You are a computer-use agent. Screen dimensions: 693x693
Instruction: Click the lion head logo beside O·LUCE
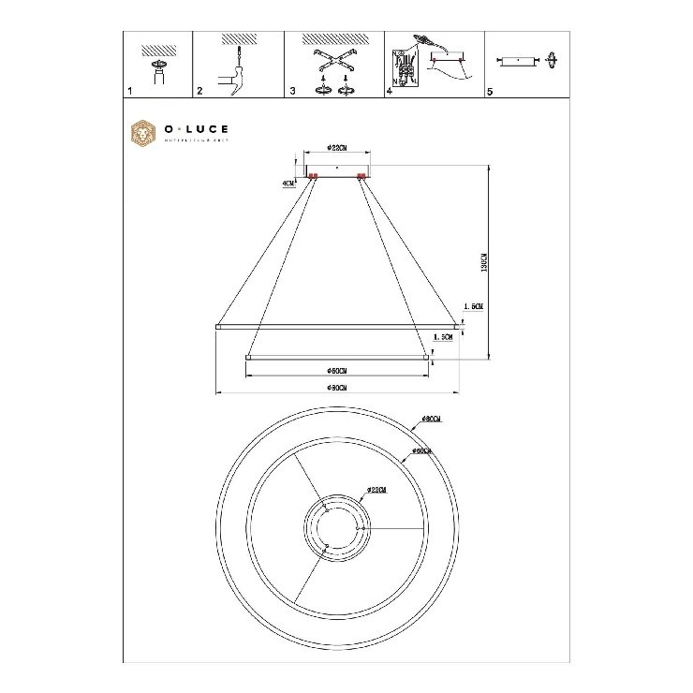point(142,133)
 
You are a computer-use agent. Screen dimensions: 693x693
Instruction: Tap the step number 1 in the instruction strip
point(129,93)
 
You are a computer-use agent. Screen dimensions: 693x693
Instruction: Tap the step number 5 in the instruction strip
point(489,93)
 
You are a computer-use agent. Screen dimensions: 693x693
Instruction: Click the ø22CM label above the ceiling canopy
point(339,147)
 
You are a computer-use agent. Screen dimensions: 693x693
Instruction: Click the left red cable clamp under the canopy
point(313,175)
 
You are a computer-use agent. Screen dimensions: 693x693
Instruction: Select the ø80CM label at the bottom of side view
point(338,388)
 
